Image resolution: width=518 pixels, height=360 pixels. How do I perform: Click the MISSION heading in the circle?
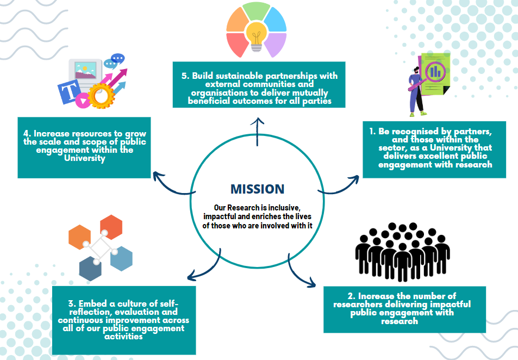click(x=257, y=189)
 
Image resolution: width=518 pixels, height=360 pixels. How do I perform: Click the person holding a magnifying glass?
click(x=415, y=90)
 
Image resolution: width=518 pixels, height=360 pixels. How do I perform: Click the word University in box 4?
click(x=84, y=158)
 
